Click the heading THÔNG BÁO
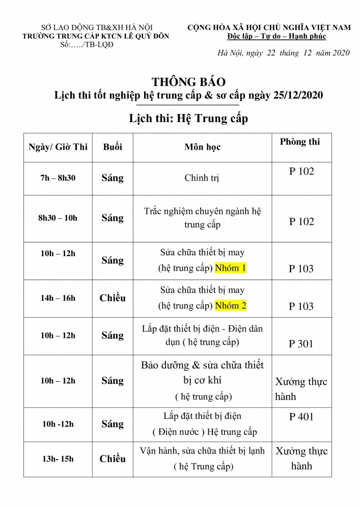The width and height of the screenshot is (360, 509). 188,81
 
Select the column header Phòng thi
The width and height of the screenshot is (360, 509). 300,142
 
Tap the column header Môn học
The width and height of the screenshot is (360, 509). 202,147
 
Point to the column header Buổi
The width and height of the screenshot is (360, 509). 113,147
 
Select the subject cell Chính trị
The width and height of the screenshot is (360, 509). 202,179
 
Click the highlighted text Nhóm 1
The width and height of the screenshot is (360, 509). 231,268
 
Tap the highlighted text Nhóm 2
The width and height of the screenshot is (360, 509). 231,305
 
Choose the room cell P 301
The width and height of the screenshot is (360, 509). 301,344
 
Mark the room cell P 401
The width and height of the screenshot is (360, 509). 301,417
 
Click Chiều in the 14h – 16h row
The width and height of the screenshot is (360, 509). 113,298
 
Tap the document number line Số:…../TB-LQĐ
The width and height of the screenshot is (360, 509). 86,45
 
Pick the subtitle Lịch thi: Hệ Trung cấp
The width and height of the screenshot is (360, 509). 188,119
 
